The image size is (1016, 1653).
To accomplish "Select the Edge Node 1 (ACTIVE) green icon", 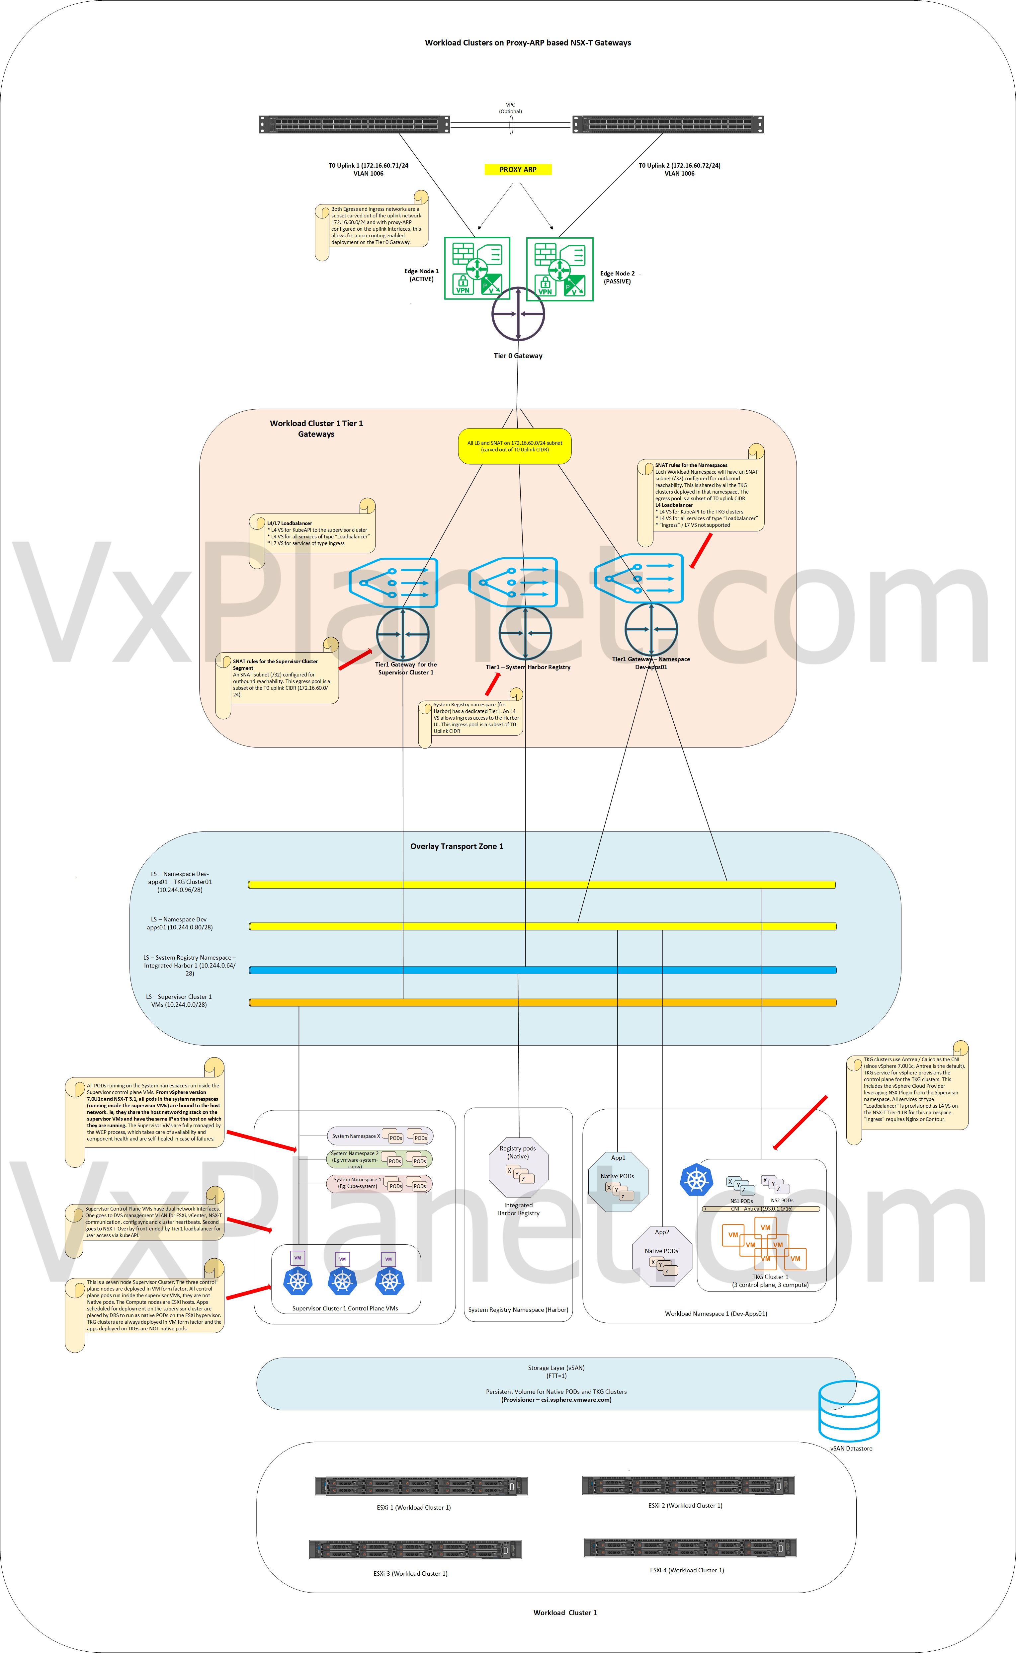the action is pyautogui.click(x=477, y=268).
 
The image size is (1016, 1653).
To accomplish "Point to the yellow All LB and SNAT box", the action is pyautogui.click(x=515, y=446).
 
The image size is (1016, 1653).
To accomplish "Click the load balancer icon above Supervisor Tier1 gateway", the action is pyautogui.click(x=394, y=582).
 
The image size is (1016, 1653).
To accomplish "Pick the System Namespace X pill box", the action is pyautogui.click(x=380, y=1136).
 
